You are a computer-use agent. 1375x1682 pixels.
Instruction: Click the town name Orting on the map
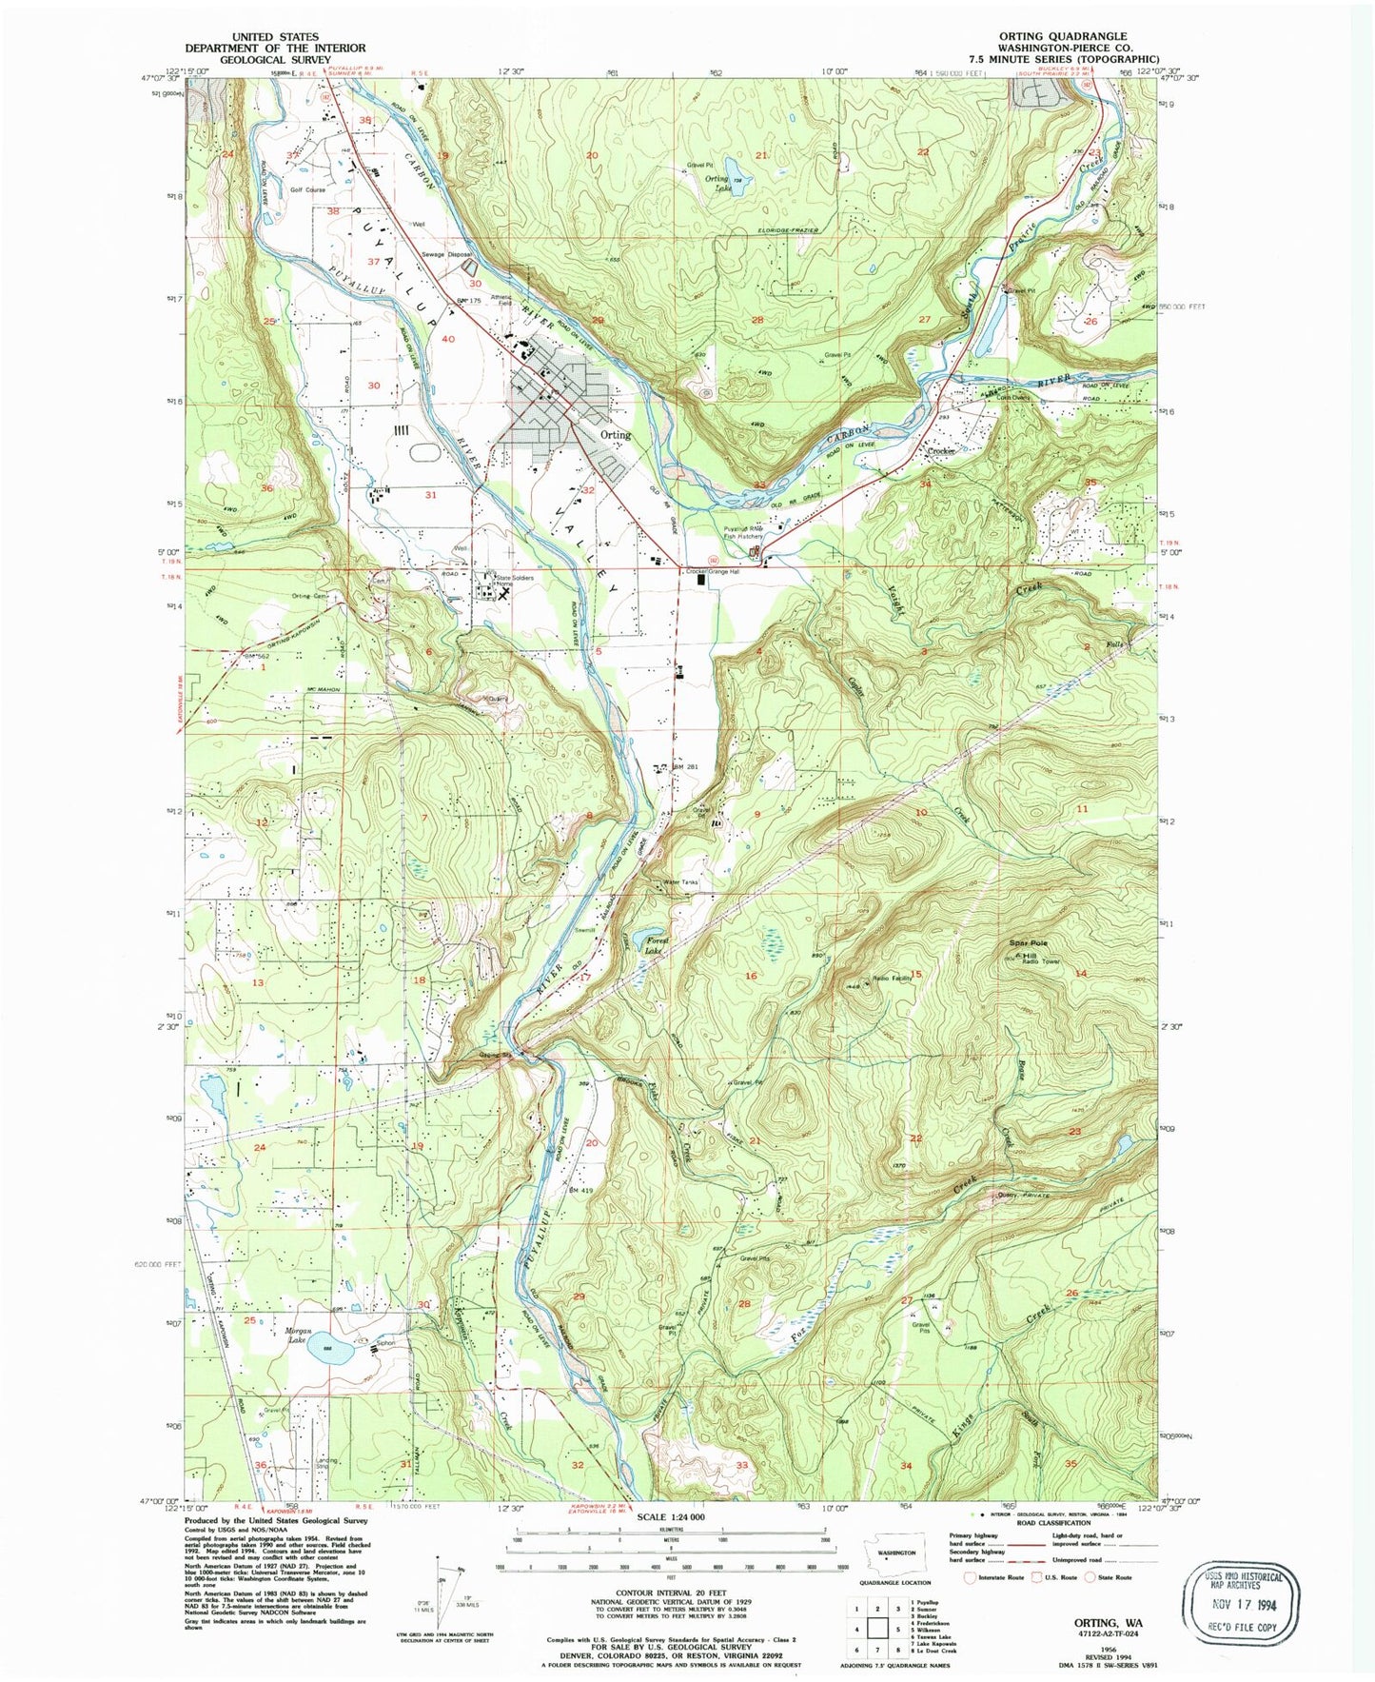click(616, 434)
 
